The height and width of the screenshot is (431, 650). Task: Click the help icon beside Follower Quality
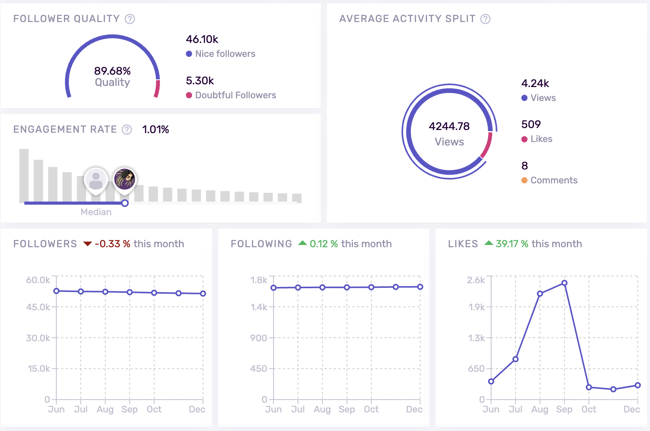[x=130, y=19]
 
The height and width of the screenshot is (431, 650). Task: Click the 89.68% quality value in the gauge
[x=112, y=71]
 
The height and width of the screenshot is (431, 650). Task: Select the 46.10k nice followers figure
[x=202, y=39]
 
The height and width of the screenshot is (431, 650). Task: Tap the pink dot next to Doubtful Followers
[x=189, y=95]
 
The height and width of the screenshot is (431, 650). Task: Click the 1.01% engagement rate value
[x=156, y=130]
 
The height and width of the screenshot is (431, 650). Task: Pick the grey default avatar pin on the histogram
[x=96, y=180]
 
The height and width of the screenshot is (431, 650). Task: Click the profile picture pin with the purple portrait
[x=124, y=179]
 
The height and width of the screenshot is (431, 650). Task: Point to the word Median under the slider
[x=96, y=212]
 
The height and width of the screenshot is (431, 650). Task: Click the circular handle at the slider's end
[x=125, y=203]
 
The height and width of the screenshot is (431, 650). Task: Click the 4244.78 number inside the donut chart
[x=449, y=126]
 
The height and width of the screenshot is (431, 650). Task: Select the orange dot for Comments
[x=524, y=180]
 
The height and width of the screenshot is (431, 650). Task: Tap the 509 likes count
[x=531, y=125]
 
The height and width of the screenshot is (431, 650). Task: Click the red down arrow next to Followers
[x=88, y=244]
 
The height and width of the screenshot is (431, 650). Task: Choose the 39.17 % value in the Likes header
[x=512, y=244]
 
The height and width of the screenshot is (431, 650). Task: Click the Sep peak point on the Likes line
[x=564, y=283]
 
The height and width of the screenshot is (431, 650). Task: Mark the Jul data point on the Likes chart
[x=516, y=359]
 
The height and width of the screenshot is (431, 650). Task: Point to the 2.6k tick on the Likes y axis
[x=476, y=280]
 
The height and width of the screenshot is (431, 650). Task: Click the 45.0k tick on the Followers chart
[x=38, y=307]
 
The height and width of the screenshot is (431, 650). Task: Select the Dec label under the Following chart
[x=414, y=409]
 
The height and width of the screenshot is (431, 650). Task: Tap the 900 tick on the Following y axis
[x=259, y=338]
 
